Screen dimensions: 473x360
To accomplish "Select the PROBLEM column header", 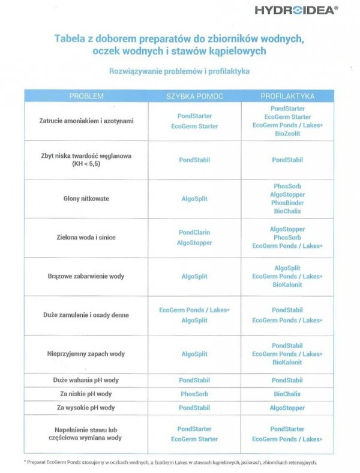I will click(x=86, y=96).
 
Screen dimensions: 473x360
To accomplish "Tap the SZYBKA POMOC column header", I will click(x=194, y=96).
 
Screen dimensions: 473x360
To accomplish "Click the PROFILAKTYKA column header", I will click(x=287, y=96).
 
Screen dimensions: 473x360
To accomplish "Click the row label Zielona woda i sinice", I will click(x=86, y=237).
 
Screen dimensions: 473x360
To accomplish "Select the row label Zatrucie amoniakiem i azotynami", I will click(x=86, y=121).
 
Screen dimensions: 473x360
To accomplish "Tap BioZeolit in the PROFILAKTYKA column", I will click(x=287, y=133).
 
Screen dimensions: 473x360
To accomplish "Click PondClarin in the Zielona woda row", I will click(x=194, y=232).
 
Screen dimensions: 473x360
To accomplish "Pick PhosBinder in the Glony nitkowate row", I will click(x=287, y=203).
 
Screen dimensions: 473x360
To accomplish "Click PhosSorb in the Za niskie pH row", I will click(x=194, y=394).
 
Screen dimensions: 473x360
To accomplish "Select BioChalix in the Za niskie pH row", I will click(x=287, y=394).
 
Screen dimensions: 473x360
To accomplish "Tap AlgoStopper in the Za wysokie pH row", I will click(x=287, y=408).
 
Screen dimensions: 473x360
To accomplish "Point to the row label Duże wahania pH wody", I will click(x=86, y=380).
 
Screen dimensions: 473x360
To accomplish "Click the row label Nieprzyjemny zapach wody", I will click(x=86, y=354).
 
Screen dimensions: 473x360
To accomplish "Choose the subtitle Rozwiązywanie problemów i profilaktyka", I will click(x=179, y=71).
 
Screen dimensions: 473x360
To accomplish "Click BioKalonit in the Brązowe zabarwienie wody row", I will click(x=287, y=285).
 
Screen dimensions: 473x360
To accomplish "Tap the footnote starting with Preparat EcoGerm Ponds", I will click(x=171, y=462).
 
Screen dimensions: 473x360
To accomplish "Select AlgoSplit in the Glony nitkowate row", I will click(x=194, y=198).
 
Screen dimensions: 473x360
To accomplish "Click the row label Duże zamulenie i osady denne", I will click(x=86, y=315).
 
